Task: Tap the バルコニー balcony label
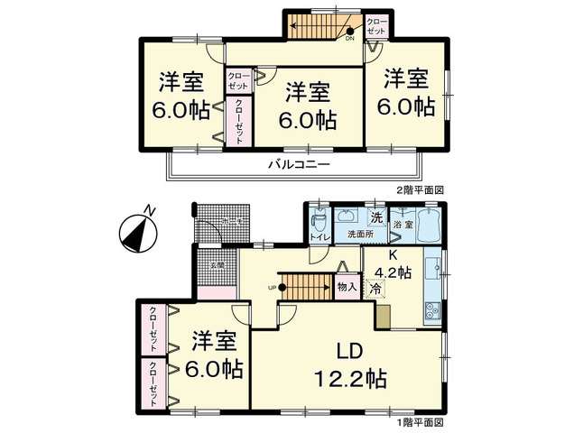pos(299,165)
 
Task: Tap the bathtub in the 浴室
pos(422,223)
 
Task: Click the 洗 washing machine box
pos(376,216)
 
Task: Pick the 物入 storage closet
pos(347,288)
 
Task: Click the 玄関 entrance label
pos(218,265)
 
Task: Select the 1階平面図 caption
pos(421,422)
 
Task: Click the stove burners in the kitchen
pos(431,311)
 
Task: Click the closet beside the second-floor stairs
pos(376,26)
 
